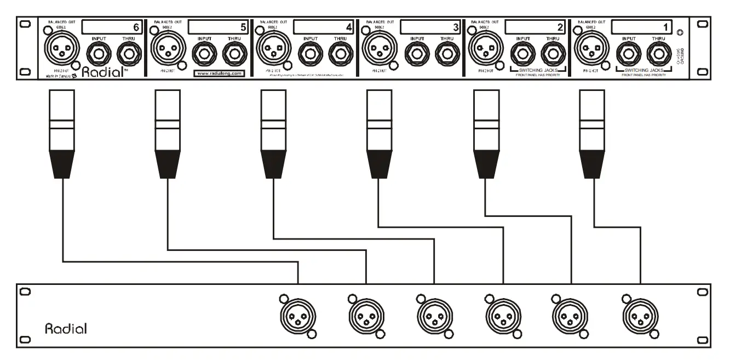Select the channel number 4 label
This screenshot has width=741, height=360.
[348, 27]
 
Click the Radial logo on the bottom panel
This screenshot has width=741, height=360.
[65, 329]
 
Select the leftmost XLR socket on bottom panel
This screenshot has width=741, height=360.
[298, 316]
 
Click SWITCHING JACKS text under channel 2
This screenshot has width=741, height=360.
[529, 71]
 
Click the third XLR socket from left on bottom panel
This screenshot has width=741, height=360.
[434, 316]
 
